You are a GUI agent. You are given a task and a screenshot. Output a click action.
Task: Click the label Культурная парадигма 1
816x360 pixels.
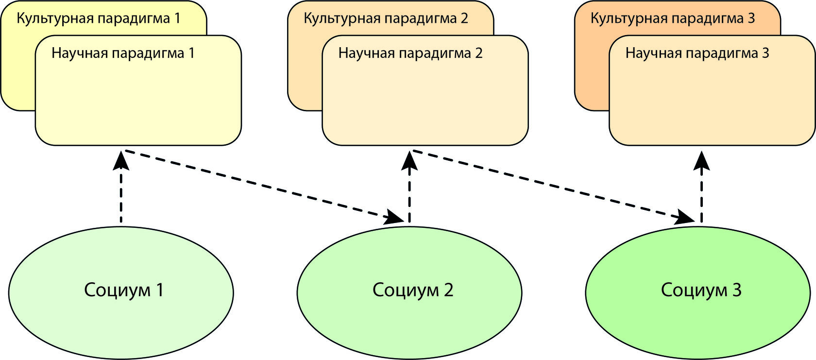coord(98,18)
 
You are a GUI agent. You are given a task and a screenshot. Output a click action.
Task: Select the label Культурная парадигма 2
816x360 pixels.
coord(386,18)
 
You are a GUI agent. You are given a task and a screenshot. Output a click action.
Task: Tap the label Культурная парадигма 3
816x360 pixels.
coord(673,18)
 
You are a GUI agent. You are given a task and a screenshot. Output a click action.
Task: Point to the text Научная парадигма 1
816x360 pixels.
coord(123,53)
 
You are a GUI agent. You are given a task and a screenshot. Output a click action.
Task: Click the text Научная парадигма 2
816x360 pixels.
coord(410,53)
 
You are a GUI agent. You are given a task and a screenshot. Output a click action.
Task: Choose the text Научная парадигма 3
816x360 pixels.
coord(697,53)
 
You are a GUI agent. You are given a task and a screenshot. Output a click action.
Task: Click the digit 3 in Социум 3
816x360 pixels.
coord(736,290)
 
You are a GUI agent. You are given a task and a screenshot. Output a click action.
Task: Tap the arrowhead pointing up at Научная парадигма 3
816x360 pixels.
coord(701,161)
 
